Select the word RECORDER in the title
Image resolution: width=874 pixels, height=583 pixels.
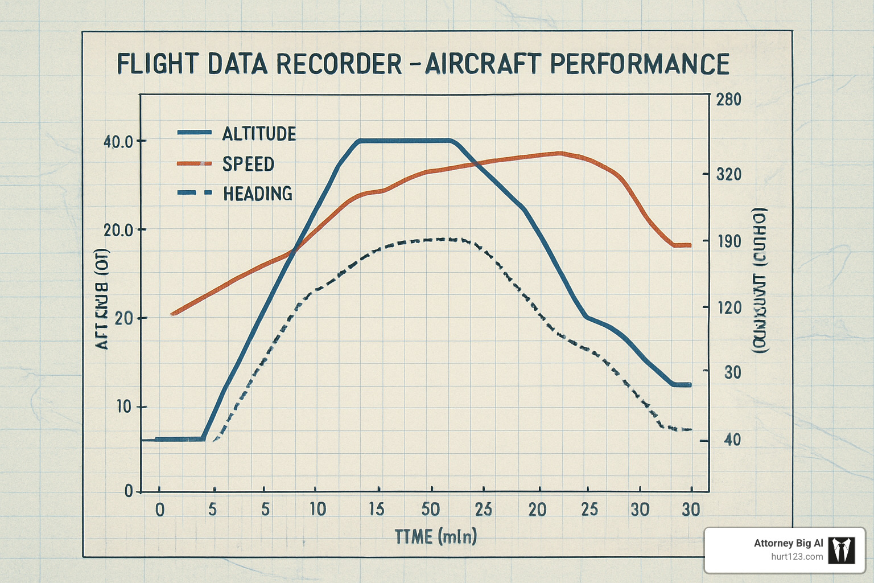pos(338,64)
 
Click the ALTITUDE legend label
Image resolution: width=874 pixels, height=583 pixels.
pos(259,134)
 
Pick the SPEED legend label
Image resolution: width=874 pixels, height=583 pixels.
pos(248,164)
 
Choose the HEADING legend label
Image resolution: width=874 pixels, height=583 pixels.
pos(258,194)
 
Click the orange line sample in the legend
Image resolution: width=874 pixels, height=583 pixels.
pos(194,163)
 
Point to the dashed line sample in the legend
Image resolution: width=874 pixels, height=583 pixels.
pos(194,193)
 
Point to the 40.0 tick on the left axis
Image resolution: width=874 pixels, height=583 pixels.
pos(118,141)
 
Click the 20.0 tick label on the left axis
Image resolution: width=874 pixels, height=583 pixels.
pos(118,230)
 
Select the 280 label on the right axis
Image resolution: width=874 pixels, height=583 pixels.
pos(728,100)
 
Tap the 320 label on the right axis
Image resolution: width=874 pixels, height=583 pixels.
pos(728,174)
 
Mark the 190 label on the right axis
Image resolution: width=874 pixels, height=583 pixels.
pos(728,241)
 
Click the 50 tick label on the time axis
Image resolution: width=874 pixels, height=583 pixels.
pos(430,509)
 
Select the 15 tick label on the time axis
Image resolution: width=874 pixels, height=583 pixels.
pos(376,509)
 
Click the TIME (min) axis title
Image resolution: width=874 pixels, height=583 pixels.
pos(436,536)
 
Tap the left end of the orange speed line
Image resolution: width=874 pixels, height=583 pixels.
pos(172,314)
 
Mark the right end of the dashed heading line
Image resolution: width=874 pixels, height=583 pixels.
pos(690,429)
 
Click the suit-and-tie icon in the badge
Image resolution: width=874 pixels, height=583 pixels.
pos(841,550)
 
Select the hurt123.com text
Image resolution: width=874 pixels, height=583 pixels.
pos(797,557)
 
